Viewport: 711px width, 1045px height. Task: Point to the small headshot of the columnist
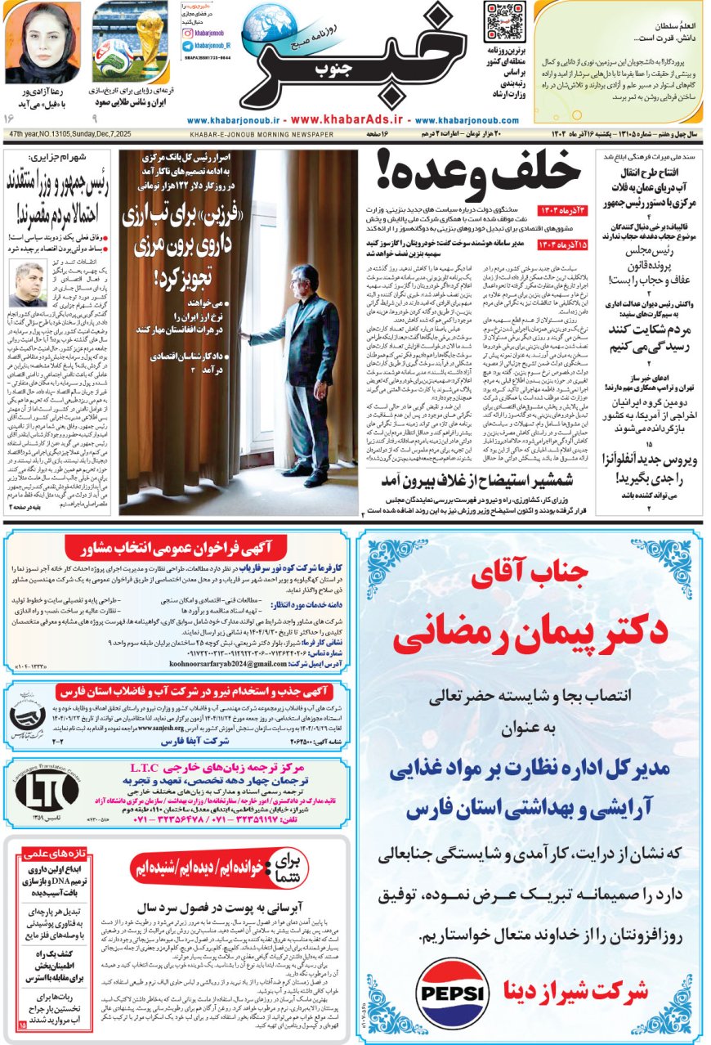[27, 285]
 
